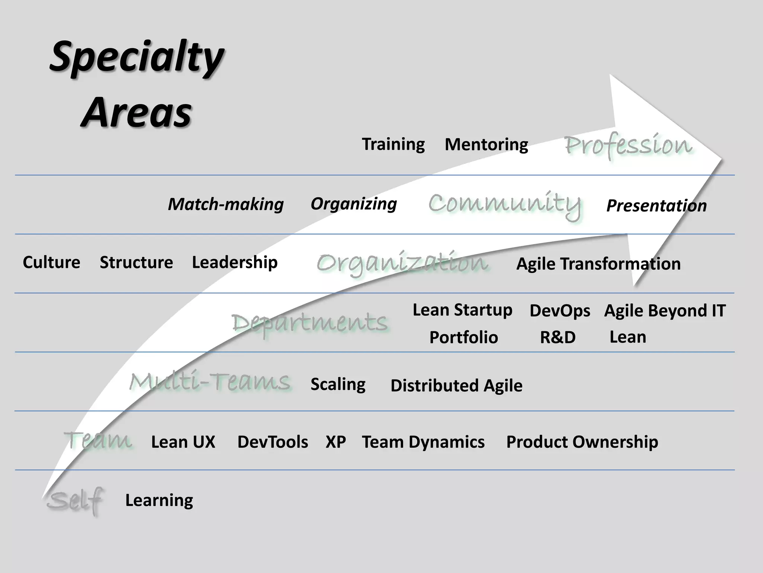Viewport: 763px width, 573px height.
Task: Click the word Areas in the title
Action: [136, 112]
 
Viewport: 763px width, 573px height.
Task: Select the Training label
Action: [393, 144]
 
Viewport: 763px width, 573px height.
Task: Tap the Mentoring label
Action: [486, 144]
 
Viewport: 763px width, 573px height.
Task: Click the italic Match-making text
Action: [226, 204]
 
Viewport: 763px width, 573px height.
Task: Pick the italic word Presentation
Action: [656, 206]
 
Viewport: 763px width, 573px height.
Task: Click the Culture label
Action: [51, 262]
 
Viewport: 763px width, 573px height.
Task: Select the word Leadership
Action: [235, 262]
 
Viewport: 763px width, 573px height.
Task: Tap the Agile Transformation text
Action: [598, 264]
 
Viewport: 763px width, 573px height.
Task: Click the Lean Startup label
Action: [462, 310]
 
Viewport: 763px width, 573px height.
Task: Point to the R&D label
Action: [558, 337]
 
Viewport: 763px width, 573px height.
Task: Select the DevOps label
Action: [560, 311]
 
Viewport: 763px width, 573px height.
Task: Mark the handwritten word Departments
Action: [309, 322]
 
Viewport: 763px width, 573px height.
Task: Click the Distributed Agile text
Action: [456, 385]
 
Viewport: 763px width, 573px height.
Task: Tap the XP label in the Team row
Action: [336, 442]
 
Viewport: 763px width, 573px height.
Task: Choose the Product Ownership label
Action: [582, 442]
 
